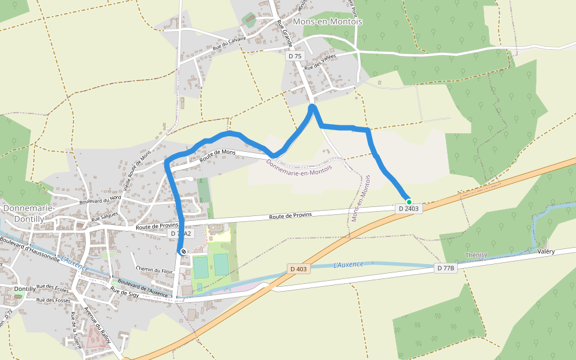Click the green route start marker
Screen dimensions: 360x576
point(409,202)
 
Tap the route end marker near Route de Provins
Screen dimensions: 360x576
point(182,251)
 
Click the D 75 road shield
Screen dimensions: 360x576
point(295,56)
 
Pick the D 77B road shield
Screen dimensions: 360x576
point(446,268)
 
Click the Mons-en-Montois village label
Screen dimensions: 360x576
point(328,22)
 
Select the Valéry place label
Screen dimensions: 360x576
point(546,251)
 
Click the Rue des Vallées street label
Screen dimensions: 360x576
point(320,63)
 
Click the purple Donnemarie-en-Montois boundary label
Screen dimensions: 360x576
point(298,164)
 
